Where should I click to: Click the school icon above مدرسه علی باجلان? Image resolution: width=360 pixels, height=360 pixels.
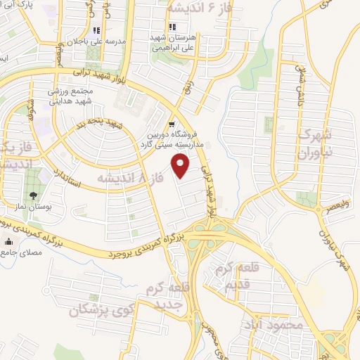click(x=97, y=31)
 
